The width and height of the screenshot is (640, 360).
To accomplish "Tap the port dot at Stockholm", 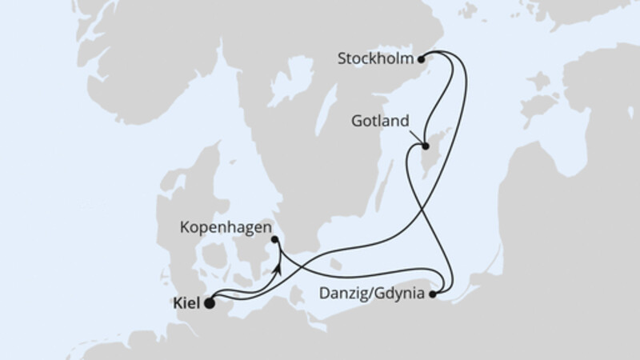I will point(422,58).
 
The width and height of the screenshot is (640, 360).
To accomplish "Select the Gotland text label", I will point(381,122).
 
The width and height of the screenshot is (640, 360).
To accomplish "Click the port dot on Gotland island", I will point(426,146).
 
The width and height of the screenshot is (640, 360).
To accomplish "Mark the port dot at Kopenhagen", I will point(274,239).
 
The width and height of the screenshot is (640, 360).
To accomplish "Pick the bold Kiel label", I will point(186,303).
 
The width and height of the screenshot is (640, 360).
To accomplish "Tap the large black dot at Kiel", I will point(210,303).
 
